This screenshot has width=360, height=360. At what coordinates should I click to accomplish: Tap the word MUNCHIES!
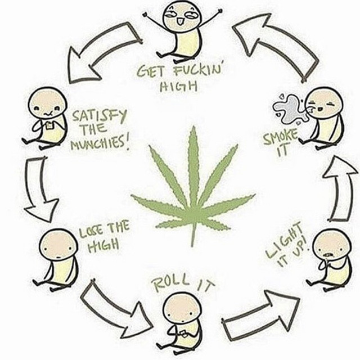(x=100, y=143)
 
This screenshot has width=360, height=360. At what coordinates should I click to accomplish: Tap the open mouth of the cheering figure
(x=179, y=22)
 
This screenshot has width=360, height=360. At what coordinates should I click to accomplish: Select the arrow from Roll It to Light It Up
(x=261, y=316)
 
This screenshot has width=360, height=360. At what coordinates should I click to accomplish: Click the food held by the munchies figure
(x=49, y=126)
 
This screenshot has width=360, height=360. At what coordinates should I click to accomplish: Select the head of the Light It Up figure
(x=332, y=245)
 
